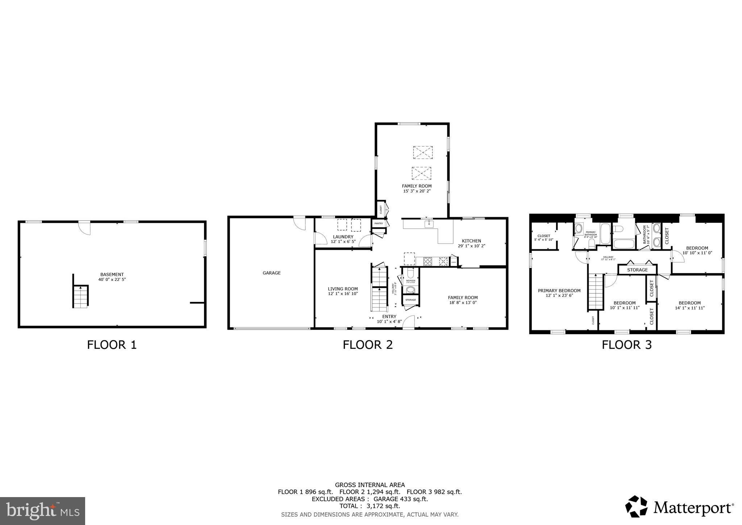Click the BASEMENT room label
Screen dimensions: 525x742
[112, 274]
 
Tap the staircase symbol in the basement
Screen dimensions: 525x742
[80, 296]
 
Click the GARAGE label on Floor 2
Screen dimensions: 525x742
[271, 273]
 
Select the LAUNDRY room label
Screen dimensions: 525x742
[343, 237]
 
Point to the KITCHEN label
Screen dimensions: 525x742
[471, 241]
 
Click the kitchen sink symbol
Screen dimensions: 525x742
[429, 224]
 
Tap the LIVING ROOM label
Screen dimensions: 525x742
[343, 289]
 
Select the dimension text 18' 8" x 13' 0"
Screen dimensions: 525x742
[463, 302]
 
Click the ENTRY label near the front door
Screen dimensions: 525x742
[389, 317]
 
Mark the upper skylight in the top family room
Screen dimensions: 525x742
[423, 152]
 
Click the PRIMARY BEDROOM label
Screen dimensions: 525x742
[559, 290]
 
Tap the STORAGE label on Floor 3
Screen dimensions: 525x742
[637, 270]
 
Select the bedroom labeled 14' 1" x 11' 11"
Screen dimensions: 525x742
[689, 305]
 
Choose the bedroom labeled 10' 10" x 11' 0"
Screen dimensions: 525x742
[697, 251]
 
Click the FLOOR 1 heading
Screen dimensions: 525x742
[112, 344]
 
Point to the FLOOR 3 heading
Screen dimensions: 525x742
[626, 344]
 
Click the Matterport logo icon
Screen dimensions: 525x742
[636, 507]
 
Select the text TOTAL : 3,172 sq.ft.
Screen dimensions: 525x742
[370, 506]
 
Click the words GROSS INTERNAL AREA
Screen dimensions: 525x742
[370, 485]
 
